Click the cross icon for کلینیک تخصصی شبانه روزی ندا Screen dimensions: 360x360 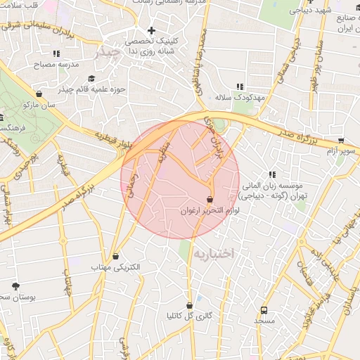[x=151, y=31]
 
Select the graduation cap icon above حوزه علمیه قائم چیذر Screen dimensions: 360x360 [x=91, y=79]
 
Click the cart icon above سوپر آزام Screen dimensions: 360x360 [x=341, y=140]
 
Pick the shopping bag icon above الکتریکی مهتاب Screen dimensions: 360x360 [x=116, y=256]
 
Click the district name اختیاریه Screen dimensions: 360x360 [x=212, y=252]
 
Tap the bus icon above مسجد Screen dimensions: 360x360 [x=264, y=309]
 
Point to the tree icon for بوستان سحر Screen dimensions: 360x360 [x=15, y=285]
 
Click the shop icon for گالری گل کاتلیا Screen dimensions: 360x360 [x=189, y=304]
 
